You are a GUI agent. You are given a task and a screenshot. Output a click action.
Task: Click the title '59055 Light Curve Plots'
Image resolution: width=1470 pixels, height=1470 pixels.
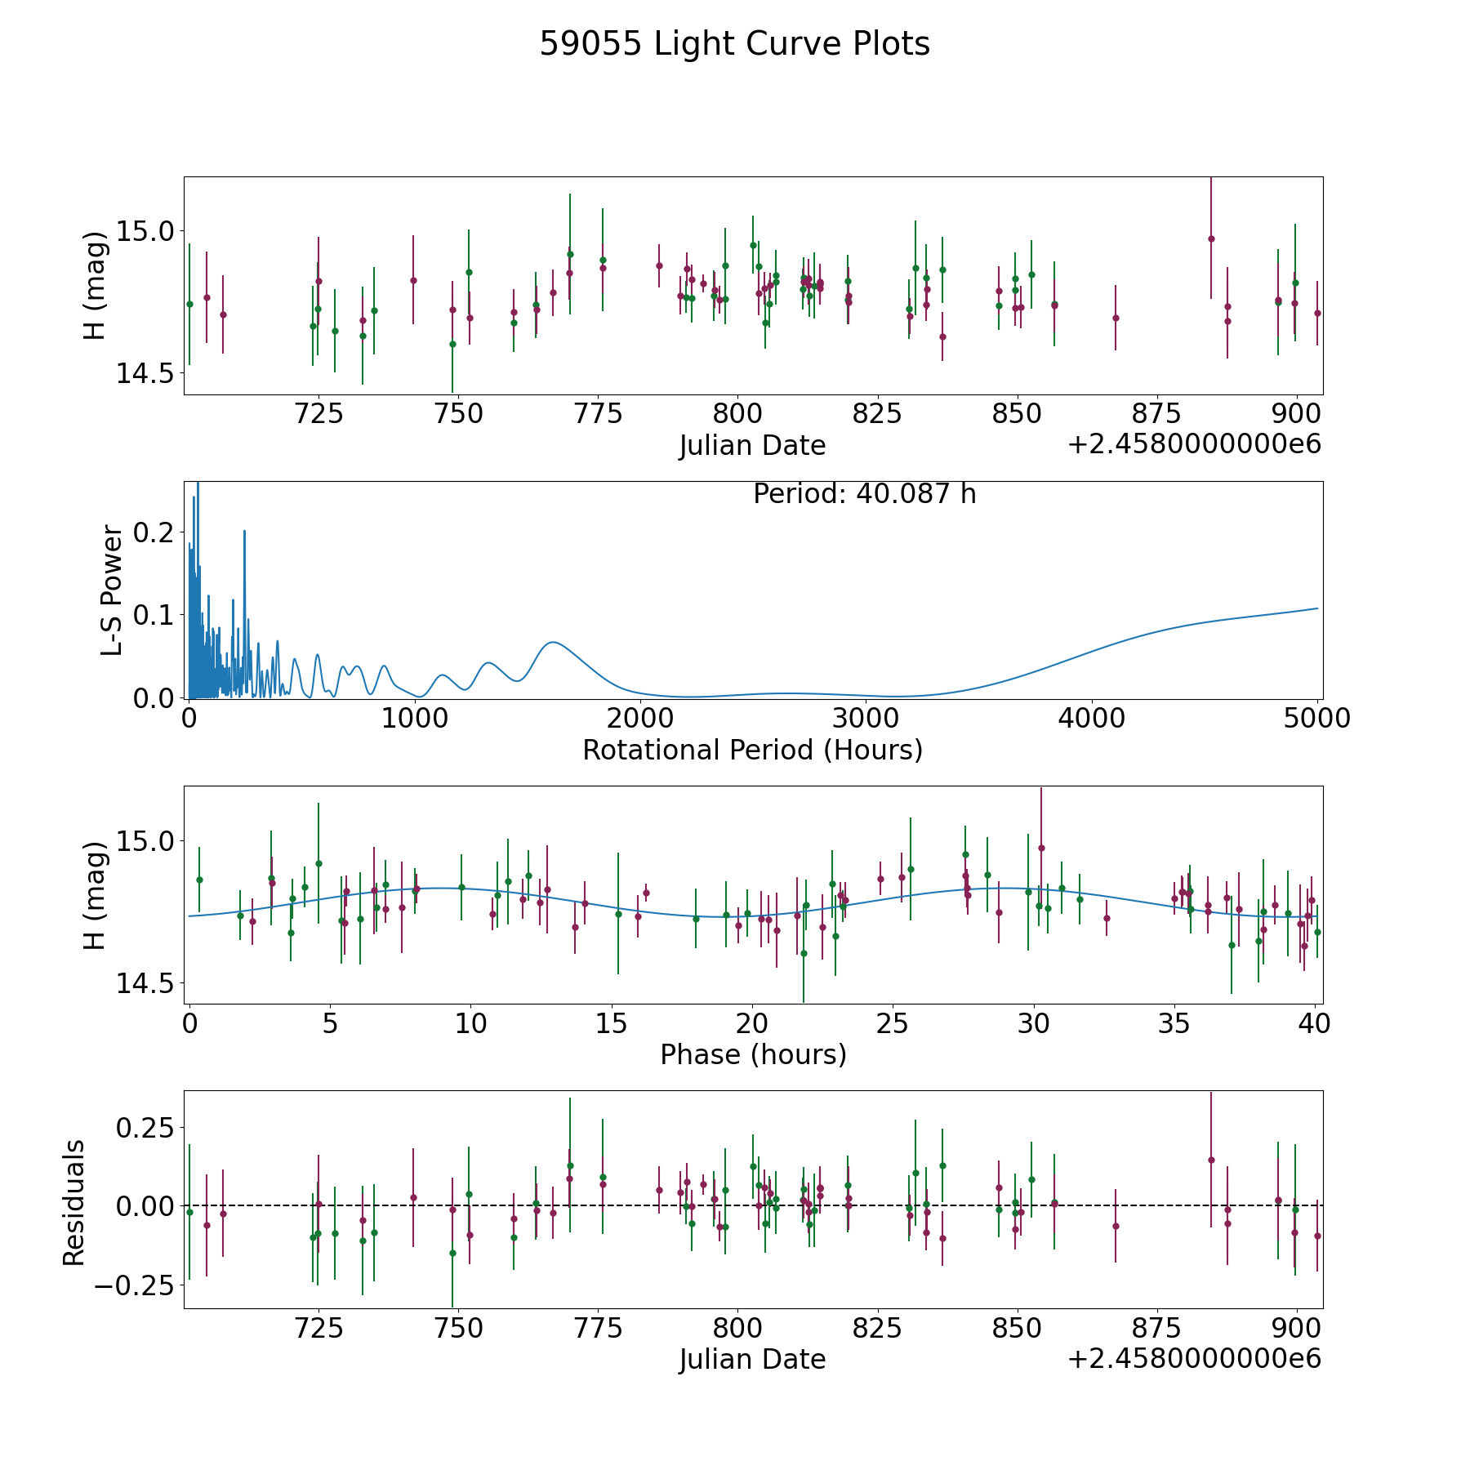coord(734,44)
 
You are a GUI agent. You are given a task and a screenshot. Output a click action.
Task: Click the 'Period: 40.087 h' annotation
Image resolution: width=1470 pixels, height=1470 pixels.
coord(865,494)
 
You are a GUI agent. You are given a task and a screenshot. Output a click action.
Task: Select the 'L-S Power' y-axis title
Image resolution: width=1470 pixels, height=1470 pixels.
coord(113,590)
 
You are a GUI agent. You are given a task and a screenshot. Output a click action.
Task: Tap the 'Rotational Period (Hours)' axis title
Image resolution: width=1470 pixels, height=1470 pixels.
coord(752,750)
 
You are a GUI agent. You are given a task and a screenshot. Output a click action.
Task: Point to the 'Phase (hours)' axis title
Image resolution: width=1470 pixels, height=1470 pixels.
coord(753,1054)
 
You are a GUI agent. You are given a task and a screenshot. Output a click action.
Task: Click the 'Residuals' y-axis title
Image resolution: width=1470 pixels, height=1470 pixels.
coord(73,1203)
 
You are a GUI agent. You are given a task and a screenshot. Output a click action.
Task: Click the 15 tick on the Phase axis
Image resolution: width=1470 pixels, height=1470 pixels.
coord(612,1024)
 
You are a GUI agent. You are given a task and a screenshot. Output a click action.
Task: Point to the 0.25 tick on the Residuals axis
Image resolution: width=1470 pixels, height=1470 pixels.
coord(146,1128)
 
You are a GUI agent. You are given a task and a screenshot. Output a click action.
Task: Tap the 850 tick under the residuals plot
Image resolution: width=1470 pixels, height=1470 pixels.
coord(1018,1328)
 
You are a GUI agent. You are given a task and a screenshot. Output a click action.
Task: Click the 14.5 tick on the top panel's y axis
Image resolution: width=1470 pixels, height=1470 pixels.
coord(145,373)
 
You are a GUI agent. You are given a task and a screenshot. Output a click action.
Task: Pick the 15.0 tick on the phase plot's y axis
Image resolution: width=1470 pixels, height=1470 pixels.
coord(145,841)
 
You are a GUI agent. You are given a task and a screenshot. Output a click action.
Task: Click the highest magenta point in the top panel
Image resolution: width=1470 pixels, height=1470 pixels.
coord(1211,238)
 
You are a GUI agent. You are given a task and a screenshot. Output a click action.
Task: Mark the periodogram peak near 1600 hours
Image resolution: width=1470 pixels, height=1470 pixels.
coord(553,643)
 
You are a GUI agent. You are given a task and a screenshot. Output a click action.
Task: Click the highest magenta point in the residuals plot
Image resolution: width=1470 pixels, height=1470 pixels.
coord(1211,1160)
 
